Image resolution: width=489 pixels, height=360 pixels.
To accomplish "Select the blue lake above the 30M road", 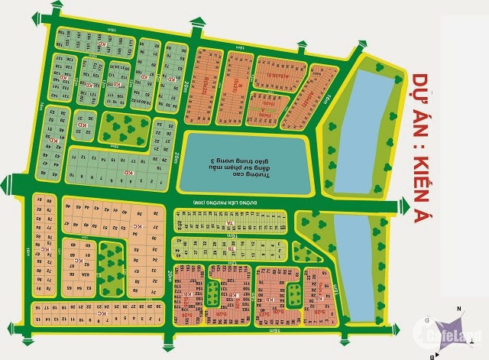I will click(364, 131).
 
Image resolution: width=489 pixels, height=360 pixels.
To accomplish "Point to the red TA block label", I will click(227, 222).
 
